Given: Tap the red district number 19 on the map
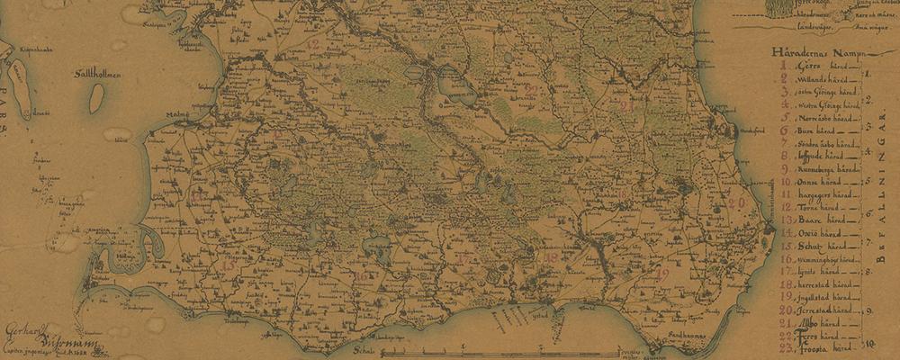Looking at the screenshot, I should click(663, 274).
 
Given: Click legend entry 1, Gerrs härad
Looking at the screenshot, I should click(811, 67).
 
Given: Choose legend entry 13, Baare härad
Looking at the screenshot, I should click(813, 219).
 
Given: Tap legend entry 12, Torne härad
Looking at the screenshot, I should click(813, 206).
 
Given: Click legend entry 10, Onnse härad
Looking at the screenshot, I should click(813, 181).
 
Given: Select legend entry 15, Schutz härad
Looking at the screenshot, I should click(813, 245).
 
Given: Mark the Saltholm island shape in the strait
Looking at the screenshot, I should click(96, 98).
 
